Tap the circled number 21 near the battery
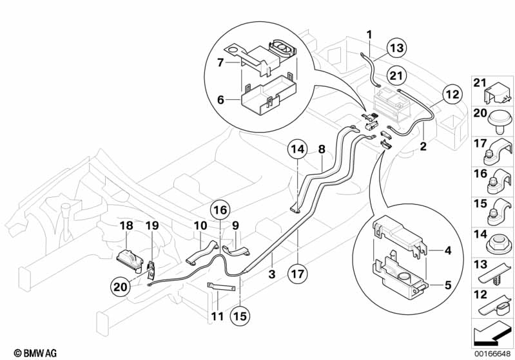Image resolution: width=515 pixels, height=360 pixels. coord(397,75)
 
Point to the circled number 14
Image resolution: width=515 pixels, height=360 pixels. coord(297,149)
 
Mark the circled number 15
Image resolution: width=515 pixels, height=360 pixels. coord(240,317)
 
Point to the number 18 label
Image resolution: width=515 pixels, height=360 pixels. coord(125,225)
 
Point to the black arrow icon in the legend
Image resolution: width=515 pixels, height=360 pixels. coord(493,334)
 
